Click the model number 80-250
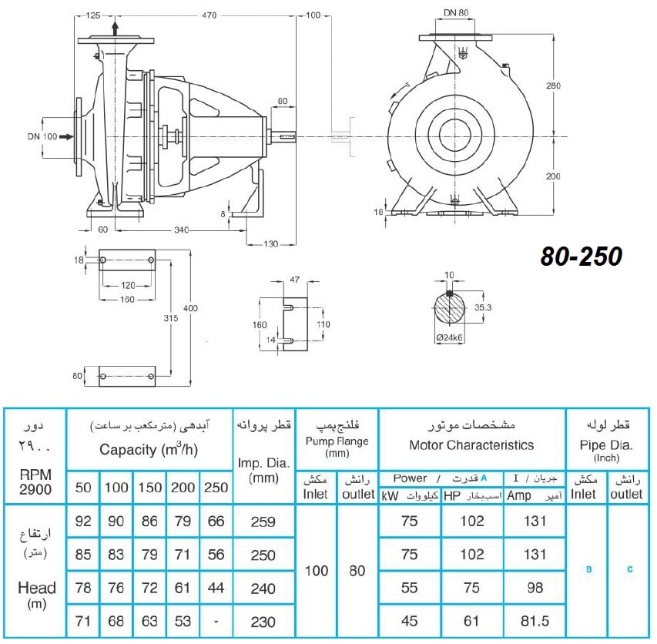pyautogui.click(x=582, y=257)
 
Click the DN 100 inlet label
pyautogui.click(x=42, y=136)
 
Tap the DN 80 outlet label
pyautogui.click(x=456, y=12)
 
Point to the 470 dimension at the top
pyautogui.click(x=209, y=15)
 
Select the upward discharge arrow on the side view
pyautogui.click(x=115, y=29)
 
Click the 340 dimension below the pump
pyautogui.click(x=182, y=230)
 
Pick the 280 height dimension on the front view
pyautogui.click(x=553, y=86)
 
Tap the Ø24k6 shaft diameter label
pyautogui.click(x=449, y=337)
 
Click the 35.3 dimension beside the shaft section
pyautogui.click(x=483, y=307)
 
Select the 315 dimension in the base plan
pyautogui.click(x=170, y=318)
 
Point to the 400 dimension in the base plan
pyautogui.click(x=190, y=308)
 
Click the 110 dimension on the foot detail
pyautogui.click(x=323, y=324)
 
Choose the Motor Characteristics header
pyautogui.click(x=471, y=445)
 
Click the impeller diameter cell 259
pyautogui.click(x=263, y=522)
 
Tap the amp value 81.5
pyautogui.click(x=535, y=622)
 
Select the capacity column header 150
pyautogui.click(x=150, y=488)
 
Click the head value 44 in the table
pyautogui.click(x=216, y=588)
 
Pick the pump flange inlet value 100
pyautogui.click(x=317, y=571)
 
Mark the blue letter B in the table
pyautogui.click(x=588, y=569)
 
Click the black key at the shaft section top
pyautogui.click(x=450, y=293)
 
